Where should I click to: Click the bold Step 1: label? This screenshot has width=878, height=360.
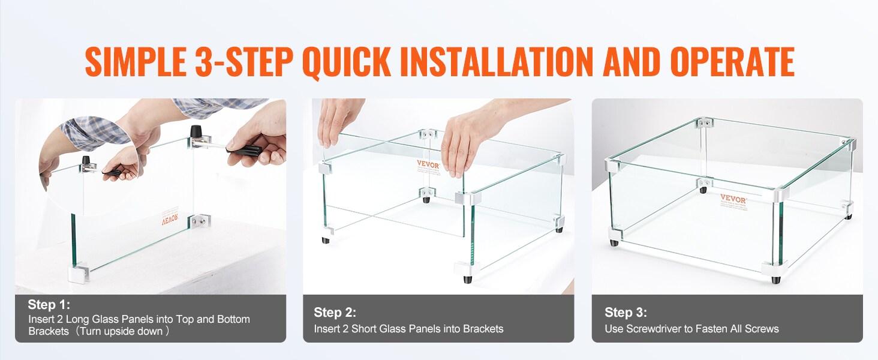click(49, 305)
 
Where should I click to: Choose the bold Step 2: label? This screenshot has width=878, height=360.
click(335, 313)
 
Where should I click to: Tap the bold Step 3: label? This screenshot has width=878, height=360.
click(626, 313)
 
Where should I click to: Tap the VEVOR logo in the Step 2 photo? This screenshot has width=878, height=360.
click(429, 163)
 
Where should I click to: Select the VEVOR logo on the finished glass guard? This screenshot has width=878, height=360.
click(733, 200)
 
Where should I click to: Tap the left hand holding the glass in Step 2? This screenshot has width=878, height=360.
click(338, 123)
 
